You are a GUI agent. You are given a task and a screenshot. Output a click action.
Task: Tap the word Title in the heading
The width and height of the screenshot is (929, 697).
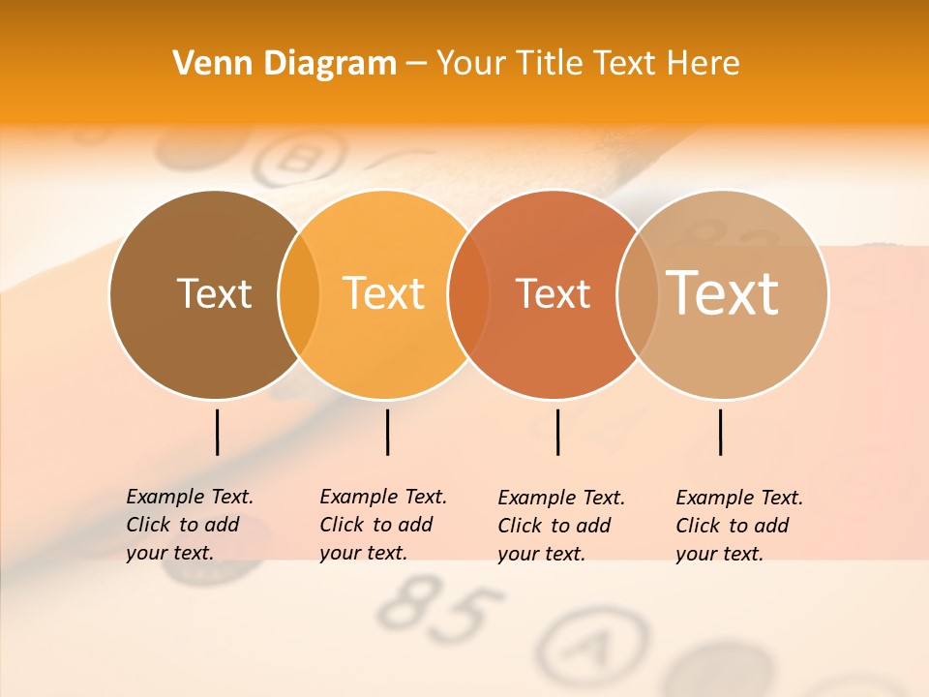[x=549, y=64]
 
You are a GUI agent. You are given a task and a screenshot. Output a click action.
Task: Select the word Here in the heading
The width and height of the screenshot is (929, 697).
[x=704, y=64]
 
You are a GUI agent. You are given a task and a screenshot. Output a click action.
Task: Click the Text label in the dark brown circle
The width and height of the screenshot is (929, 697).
[x=214, y=293]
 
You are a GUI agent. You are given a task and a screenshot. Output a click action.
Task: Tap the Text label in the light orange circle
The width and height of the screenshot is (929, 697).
[x=384, y=293]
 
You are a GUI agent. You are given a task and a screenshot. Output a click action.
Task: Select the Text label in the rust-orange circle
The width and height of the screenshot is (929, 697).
[x=554, y=293]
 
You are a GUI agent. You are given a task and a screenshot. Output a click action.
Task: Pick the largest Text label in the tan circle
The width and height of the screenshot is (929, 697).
[x=723, y=292]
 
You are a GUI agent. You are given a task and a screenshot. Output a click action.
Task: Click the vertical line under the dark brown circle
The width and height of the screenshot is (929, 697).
[x=217, y=432]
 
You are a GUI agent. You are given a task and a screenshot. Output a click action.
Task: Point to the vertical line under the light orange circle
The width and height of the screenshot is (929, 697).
[x=387, y=432]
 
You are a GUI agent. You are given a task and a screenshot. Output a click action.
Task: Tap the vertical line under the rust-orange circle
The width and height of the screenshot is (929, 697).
[x=557, y=432]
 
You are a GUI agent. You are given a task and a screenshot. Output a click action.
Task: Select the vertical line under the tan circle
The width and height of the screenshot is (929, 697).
[x=720, y=432]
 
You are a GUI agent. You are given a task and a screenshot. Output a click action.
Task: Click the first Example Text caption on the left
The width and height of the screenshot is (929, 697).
[x=190, y=525]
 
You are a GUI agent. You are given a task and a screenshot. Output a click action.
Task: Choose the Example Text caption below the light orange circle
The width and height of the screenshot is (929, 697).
[x=383, y=525]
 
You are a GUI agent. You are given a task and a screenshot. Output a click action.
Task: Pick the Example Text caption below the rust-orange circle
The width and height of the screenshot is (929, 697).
[x=561, y=526]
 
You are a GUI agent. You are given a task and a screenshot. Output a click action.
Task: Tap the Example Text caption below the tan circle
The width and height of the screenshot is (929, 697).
[x=739, y=526]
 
